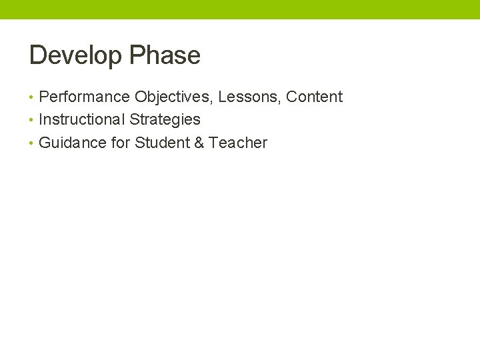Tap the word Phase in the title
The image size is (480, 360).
coord(165,55)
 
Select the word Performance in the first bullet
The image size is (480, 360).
coord(84,97)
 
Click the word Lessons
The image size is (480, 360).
coord(248,97)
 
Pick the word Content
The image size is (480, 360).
coord(314,97)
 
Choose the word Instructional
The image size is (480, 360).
coord(82,120)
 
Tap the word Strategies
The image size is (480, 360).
coord(165,120)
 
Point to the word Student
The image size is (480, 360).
coord(162,143)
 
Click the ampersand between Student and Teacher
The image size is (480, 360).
coord(199,143)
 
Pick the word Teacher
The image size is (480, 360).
coord(238,143)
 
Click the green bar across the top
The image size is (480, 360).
coord(240,9)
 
